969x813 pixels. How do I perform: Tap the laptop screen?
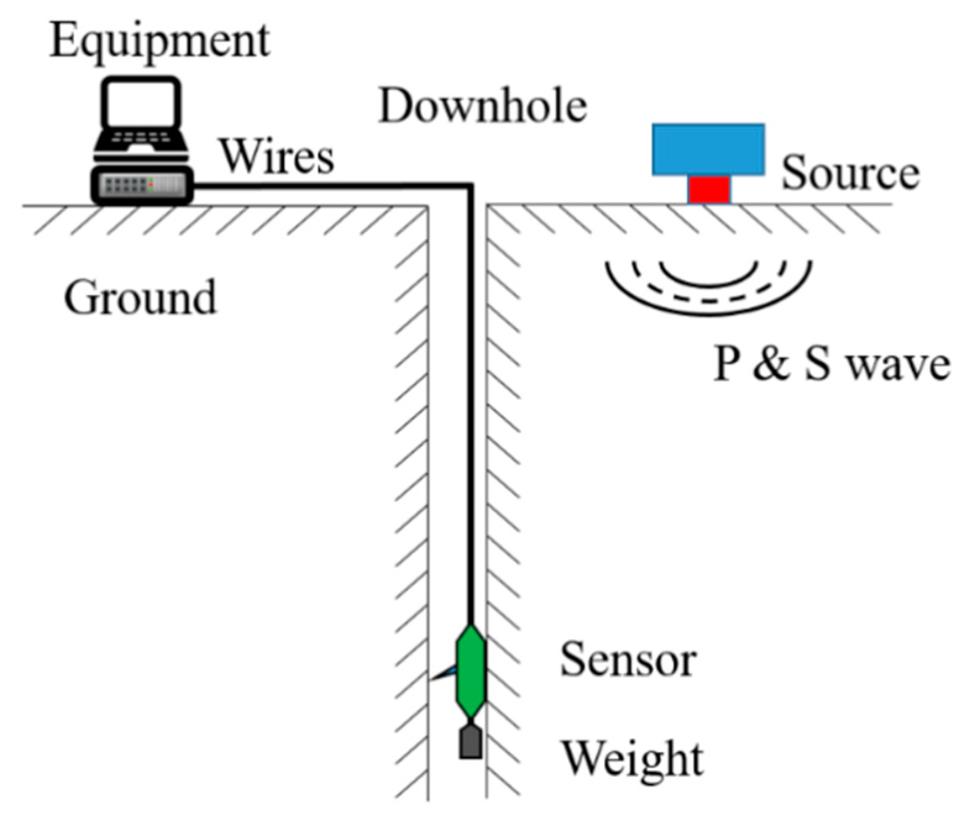(141, 103)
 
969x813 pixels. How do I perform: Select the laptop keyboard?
(141, 138)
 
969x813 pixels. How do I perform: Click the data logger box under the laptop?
(142, 185)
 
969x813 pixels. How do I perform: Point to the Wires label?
(277, 156)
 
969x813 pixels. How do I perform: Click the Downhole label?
(482, 106)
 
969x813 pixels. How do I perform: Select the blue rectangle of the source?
(708, 149)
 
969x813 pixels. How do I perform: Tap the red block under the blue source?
(709, 190)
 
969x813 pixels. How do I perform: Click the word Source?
(850, 173)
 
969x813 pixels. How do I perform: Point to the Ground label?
(140, 298)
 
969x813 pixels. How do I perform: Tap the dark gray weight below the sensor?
(471, 742)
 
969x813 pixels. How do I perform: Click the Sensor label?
(628, 660)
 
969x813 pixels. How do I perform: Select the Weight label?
(632, 759)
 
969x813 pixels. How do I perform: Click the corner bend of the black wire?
(470, 185)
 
